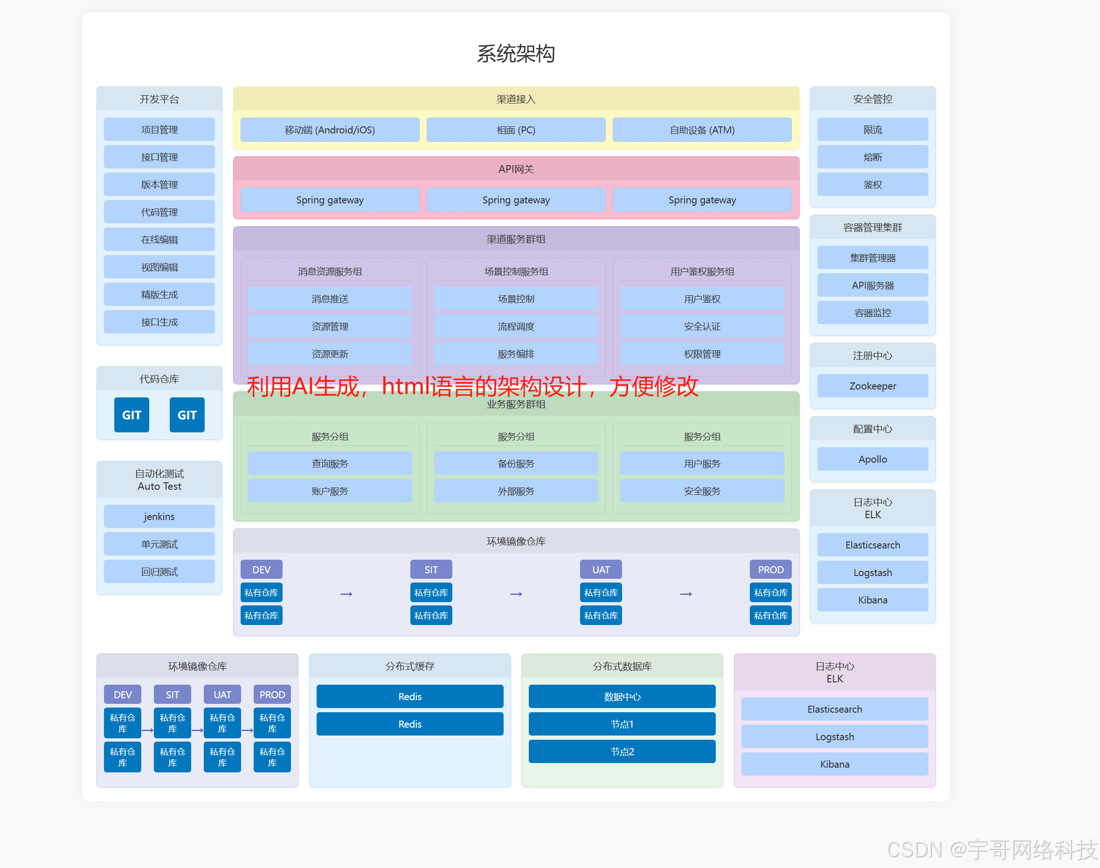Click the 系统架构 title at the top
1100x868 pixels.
click(515, 54)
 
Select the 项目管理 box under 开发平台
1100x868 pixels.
click(159, 130)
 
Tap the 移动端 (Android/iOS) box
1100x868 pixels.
click(329, 130)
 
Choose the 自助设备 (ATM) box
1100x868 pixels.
click(702, 130)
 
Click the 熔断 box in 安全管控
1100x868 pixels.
click(872, 157)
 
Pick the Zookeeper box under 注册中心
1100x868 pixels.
click(872, 386)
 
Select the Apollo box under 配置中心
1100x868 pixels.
click(872, 459)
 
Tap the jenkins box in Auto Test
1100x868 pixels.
click(159, 516)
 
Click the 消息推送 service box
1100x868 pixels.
click(329, 299)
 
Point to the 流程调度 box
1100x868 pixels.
click(515, 326)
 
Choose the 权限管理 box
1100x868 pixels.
click(702, 354)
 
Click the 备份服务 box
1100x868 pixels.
click(515, 464)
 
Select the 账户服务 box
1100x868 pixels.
click(329, 491)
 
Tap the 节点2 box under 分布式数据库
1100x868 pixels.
click(622, 751)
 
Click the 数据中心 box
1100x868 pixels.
click(622, 696)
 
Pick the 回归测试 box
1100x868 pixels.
click(159, 572)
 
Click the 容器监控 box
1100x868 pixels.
click(872, 312)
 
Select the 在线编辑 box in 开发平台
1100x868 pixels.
click(159, 239)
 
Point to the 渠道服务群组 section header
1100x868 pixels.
click(515, 239)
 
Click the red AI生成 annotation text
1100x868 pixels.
click(472, 386)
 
